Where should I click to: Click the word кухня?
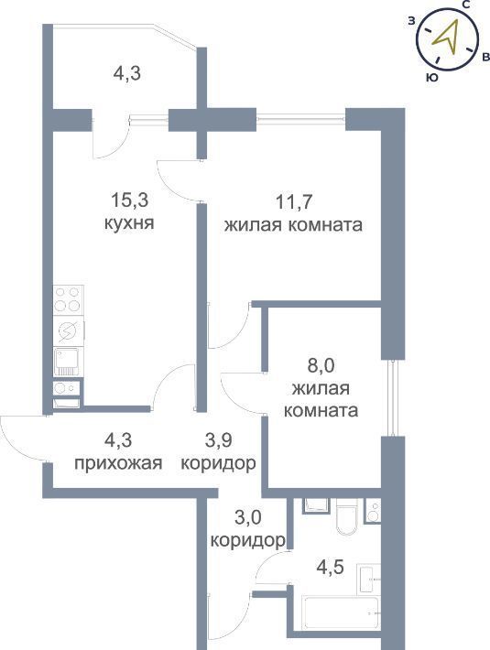click(129, 223)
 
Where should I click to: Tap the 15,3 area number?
click(129, 200)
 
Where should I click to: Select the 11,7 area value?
click(293, 202)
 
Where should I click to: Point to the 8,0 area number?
click(321, 366)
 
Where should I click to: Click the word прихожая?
click(118, 463)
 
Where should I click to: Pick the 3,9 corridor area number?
click(218, 439)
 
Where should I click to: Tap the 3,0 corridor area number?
click(248, 518)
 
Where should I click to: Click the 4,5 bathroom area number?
click(330, 568)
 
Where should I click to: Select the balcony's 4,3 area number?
click(127, 73)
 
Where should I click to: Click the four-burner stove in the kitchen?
click(68, 299)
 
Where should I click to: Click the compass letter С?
click(466, 5)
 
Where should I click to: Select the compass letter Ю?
click(432, 78)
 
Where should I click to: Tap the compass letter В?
click(485, 58)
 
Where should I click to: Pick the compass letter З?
click(411, 21)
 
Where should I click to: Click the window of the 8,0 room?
click(392, 398)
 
